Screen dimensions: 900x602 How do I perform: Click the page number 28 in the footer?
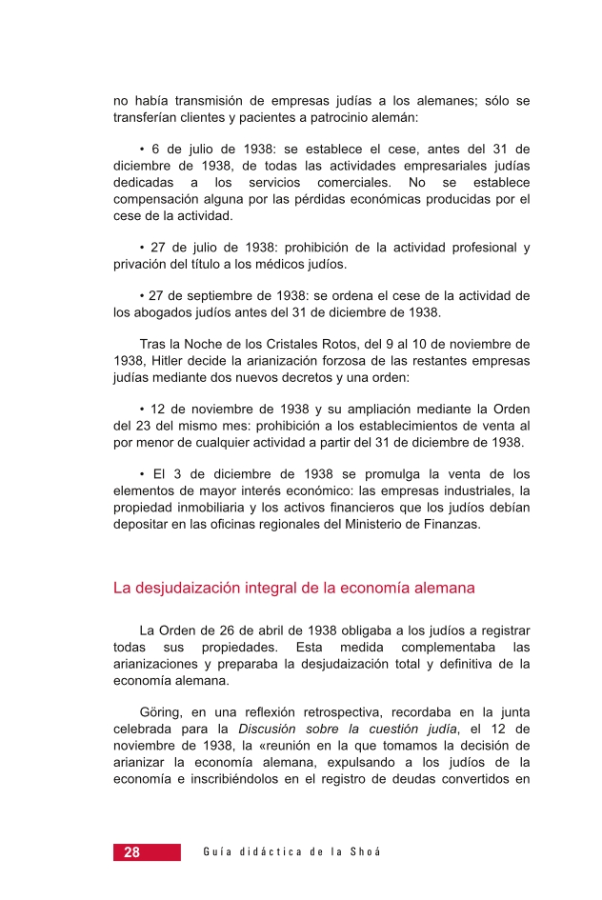(131, 852)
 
